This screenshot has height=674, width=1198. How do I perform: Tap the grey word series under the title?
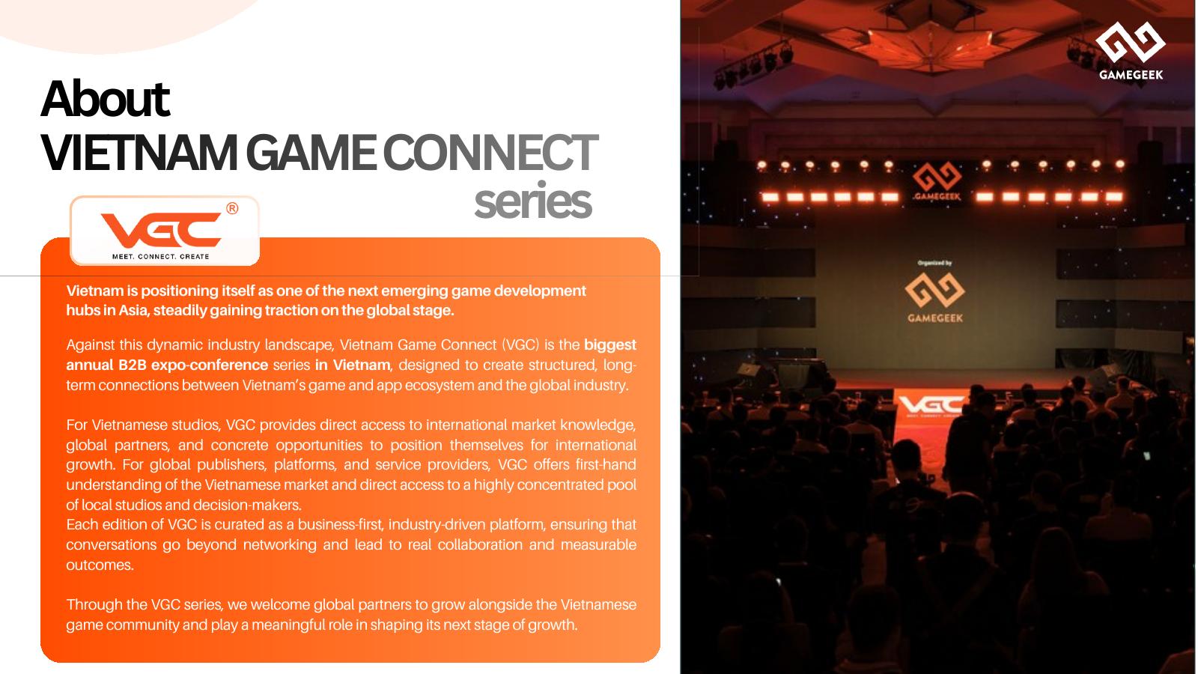(532, 202)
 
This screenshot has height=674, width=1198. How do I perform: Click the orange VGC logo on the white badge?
(161, 230)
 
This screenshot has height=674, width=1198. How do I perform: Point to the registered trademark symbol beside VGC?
(232, 209)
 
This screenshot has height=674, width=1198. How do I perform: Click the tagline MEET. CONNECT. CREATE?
(160, 257)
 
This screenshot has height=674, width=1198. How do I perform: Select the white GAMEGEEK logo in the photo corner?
(1131, 51)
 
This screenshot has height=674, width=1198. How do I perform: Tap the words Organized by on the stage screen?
(934, 263)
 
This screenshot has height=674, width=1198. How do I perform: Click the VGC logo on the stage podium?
(931, 405)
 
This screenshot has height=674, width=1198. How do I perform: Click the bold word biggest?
(609, 345)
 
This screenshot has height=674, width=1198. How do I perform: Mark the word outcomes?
(100, 565)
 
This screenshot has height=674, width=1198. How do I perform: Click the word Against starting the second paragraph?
(91, 345)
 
